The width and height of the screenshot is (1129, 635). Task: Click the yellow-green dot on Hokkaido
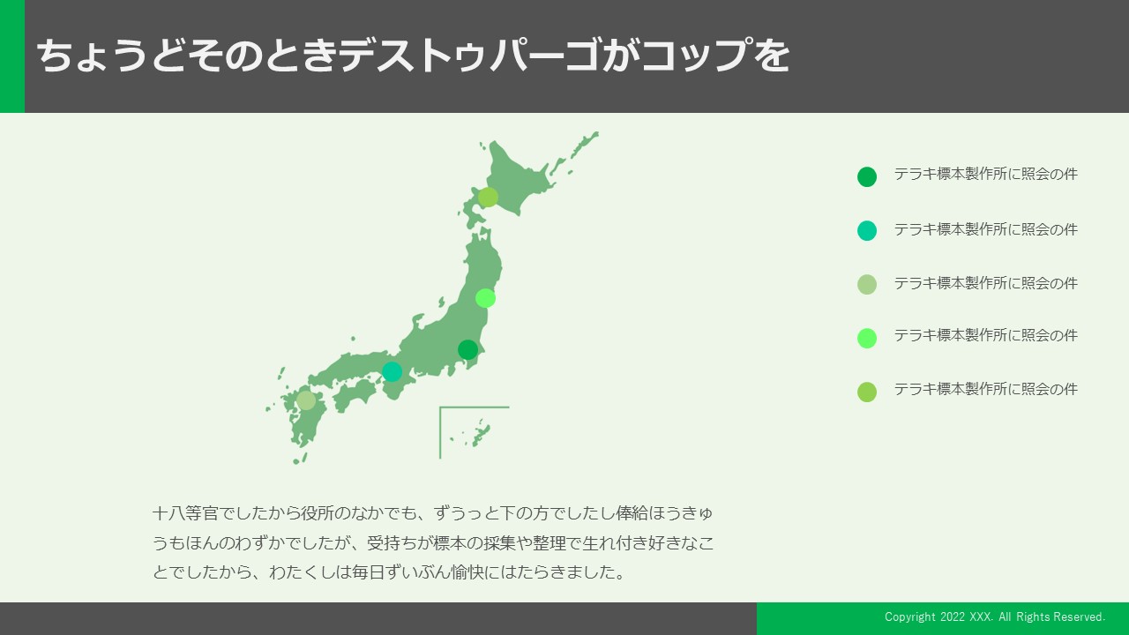click(x=488, y=197)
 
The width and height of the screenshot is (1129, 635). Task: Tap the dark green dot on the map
click(x=467, y=349)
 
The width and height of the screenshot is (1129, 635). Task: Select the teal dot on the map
click(x=393, y=371)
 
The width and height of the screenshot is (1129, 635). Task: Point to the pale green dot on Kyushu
click(x=306, y=400)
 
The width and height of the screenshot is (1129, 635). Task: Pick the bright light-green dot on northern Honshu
click(x=485, y=298)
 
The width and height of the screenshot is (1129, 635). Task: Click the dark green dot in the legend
click(x=867, y=177)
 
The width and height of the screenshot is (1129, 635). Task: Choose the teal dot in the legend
click(x=867, y=230)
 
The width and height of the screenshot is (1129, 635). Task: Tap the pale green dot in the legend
click(x=867, y=284)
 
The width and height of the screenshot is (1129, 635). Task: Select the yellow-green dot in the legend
click(x=867, y=392)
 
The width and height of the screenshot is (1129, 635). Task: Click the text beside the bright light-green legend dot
click(x=986, y=335)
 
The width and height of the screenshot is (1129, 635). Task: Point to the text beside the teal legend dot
click(x=986, y=229)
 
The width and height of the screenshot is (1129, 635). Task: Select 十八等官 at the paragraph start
click(x=185, y=513)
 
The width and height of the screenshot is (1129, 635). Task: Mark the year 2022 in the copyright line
click(x=953, y=616)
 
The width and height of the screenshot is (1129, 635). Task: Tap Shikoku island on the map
click(x=355, y=394)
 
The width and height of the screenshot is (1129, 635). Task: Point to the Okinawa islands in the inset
click(x=476, y=433)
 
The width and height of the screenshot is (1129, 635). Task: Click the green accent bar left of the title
click(x=12, y=56)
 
